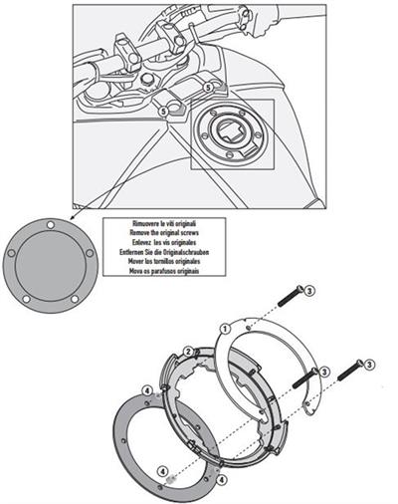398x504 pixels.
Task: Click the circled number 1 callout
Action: [226, 326]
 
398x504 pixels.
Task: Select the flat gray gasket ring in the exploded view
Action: [149, 438]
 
